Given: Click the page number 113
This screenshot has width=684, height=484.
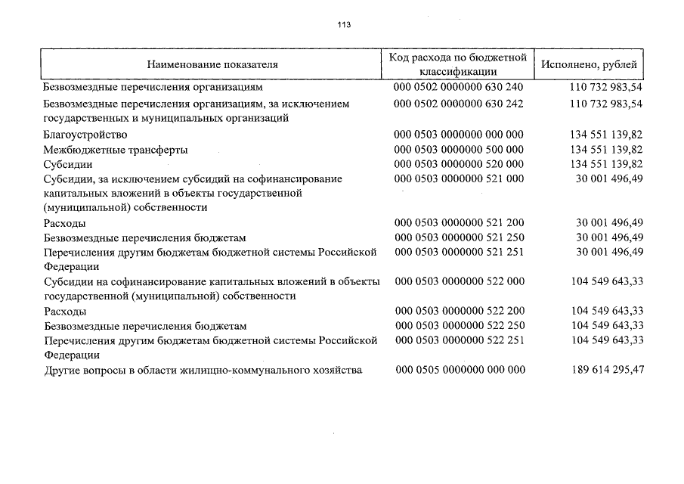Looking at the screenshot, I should pyautogui.click(x=344, y=24).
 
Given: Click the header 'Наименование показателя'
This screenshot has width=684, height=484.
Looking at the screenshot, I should pyautogui.click(x=212, y=64).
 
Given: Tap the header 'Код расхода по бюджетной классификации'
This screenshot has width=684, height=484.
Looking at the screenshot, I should pyautogui.click(x=457, y=64).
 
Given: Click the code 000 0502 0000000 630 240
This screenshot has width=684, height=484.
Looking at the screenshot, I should pyautogui.click(x=458, y=87).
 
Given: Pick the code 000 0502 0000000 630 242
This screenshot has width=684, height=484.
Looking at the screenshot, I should pyautogui.click(x=458, y=103).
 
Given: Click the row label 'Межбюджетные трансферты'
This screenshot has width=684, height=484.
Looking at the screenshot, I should pyautogui.click(x=116, y=150).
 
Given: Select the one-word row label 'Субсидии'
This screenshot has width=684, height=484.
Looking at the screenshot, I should pyautogui.click(x=69, y=164).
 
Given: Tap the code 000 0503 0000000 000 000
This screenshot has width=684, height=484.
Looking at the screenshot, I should pyautogui.click(x=458, y=135).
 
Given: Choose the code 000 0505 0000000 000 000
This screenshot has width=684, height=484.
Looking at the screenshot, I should pyautogui.click(x=459, y=370).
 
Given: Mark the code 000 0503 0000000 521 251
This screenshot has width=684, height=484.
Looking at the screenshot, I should pyautogui.click(x=458, y=252).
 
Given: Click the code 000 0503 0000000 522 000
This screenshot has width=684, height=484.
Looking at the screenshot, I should pyautogui.click(x=459, y=281).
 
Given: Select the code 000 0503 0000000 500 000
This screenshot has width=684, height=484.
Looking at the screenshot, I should pyautogui.click(x=458, y=150).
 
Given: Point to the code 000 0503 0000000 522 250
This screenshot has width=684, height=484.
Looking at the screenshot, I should pyautogui.click(x=459, y=325).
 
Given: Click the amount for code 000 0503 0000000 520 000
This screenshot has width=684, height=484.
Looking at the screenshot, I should pyautogui.click(x=607, y=164).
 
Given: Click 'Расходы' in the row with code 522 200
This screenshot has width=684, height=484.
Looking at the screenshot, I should pyautogui.click(x=65, y=311).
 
